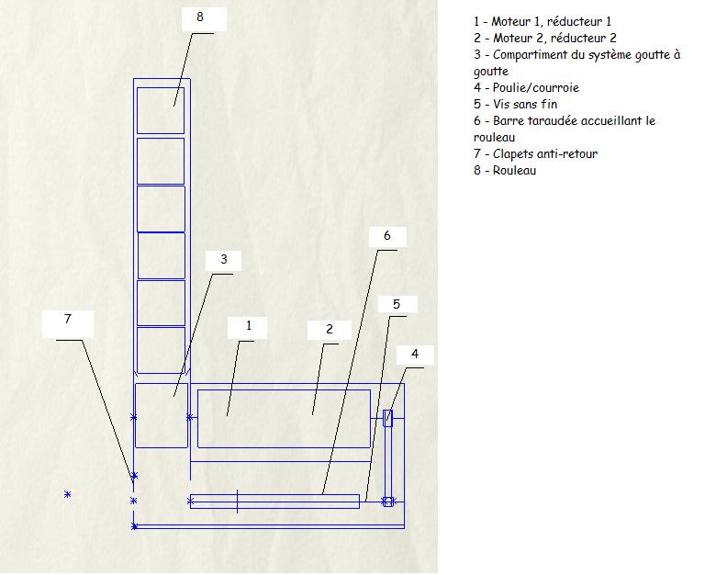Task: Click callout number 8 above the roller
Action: click(x=199, y=17)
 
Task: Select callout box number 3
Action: click(x=223, y=259)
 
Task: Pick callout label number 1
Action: click(x=248, y=325)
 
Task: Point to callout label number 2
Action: click(x=329, y=329)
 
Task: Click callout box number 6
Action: click(x=386, y=236)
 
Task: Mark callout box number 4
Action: click(x=415, y=354)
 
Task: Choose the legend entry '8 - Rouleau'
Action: click(x=505, y=171)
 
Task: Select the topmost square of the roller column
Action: click(x=161, y=110)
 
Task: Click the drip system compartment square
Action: click(x=162, y=415)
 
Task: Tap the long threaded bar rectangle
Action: click(x=275, y=502)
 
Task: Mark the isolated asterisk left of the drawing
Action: click(x=67, y=494)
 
